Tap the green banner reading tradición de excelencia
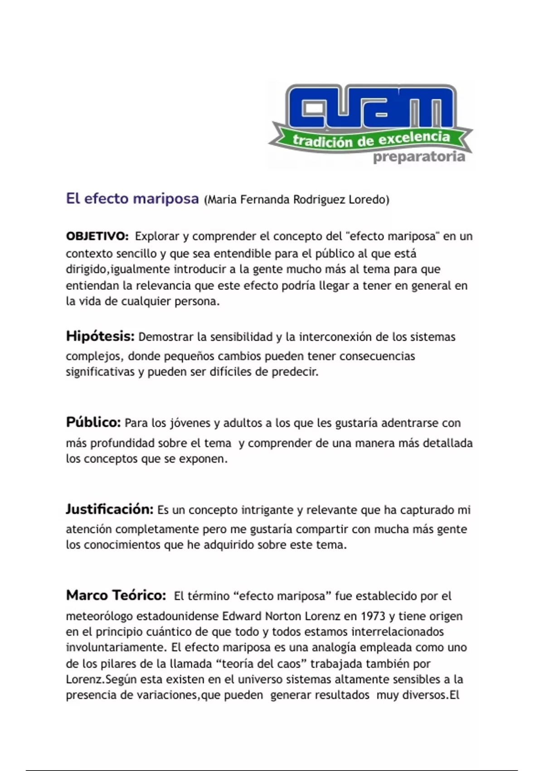click(371, 139)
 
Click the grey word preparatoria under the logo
click(419, 157)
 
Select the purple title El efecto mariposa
click(132, 199)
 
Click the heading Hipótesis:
click(100, 337)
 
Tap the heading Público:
click(93, 422)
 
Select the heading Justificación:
click(110, 509)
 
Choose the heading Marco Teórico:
click(116, 595)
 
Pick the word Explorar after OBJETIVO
click(157, 236)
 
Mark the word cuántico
click(171, 632)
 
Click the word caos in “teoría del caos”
click(288, 664)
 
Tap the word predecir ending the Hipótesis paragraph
click(295, 372)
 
